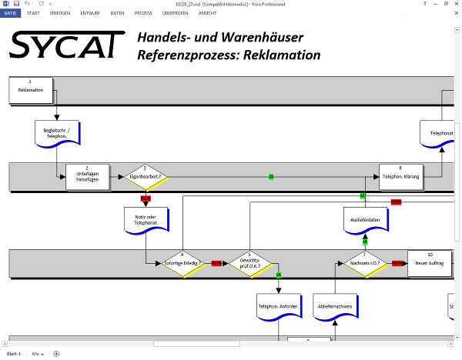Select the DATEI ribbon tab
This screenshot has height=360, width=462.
[x=12, y=13]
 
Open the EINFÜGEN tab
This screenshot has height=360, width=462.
[x=59, y=13]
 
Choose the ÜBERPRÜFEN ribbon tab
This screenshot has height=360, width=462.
[x=175, y=13]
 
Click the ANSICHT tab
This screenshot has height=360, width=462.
[x=207, y=13]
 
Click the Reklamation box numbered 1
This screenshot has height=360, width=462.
[x=31, y=90]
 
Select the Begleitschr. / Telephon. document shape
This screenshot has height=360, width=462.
[x=57, y=132]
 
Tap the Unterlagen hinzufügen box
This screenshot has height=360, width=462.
[x=87, y=176]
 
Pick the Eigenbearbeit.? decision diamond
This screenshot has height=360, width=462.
[x=145, y=176]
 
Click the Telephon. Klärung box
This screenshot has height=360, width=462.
[x=400, y=176]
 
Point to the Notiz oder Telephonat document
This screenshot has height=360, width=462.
[x=145, y=220]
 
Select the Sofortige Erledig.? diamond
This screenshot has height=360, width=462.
[x=182, y=263]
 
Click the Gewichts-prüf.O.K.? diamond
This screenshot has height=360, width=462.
[x=250, y=263]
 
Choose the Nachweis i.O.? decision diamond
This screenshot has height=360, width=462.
[x=364, y=263]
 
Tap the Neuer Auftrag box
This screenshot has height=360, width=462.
[x=430, y=263]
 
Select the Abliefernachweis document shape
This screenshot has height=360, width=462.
[x=335, y=306]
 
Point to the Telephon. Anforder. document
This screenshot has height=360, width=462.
[x=278, y=306]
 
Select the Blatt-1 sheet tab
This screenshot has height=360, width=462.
[x=13, y=354]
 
